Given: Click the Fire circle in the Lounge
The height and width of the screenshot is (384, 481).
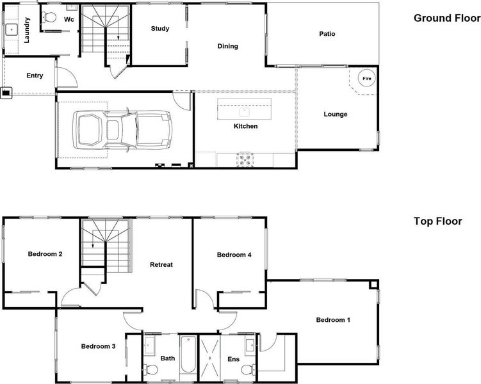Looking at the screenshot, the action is click(366, 79).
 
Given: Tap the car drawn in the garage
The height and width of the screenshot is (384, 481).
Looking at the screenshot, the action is click(122, 130).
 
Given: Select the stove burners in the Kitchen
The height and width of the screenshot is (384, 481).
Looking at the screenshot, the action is click(245, 159).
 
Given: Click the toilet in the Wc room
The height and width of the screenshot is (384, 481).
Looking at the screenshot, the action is click(49, 17).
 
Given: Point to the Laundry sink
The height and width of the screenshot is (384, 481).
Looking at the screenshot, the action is click(12, 29).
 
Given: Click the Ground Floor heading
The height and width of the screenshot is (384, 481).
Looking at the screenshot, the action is click(447, 18).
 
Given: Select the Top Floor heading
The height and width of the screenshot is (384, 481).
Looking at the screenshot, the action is click(437, 221).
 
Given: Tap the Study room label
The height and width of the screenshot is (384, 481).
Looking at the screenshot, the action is click(160, 29).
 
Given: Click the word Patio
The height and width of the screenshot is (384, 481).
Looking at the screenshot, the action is click(327, 34).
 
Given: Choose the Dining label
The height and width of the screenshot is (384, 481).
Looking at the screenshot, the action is click(227, 46).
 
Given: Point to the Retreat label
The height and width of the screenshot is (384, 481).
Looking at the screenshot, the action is click(161, 264).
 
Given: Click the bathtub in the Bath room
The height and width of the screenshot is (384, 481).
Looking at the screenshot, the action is click(188, 355).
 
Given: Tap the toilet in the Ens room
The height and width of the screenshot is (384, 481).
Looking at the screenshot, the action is click(248, 369).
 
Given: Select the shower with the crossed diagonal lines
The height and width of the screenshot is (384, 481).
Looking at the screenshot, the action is click(210, 358).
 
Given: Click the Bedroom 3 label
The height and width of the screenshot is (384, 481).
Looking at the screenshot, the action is click(98, 346).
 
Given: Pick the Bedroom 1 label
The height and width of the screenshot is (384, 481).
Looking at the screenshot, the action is click(333, 320).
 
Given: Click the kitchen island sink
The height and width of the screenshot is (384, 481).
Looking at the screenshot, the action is click(244, 112).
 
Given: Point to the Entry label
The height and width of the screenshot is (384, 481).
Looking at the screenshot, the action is click(35, 76).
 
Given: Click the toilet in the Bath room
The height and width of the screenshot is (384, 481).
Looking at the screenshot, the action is click(151, 369).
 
